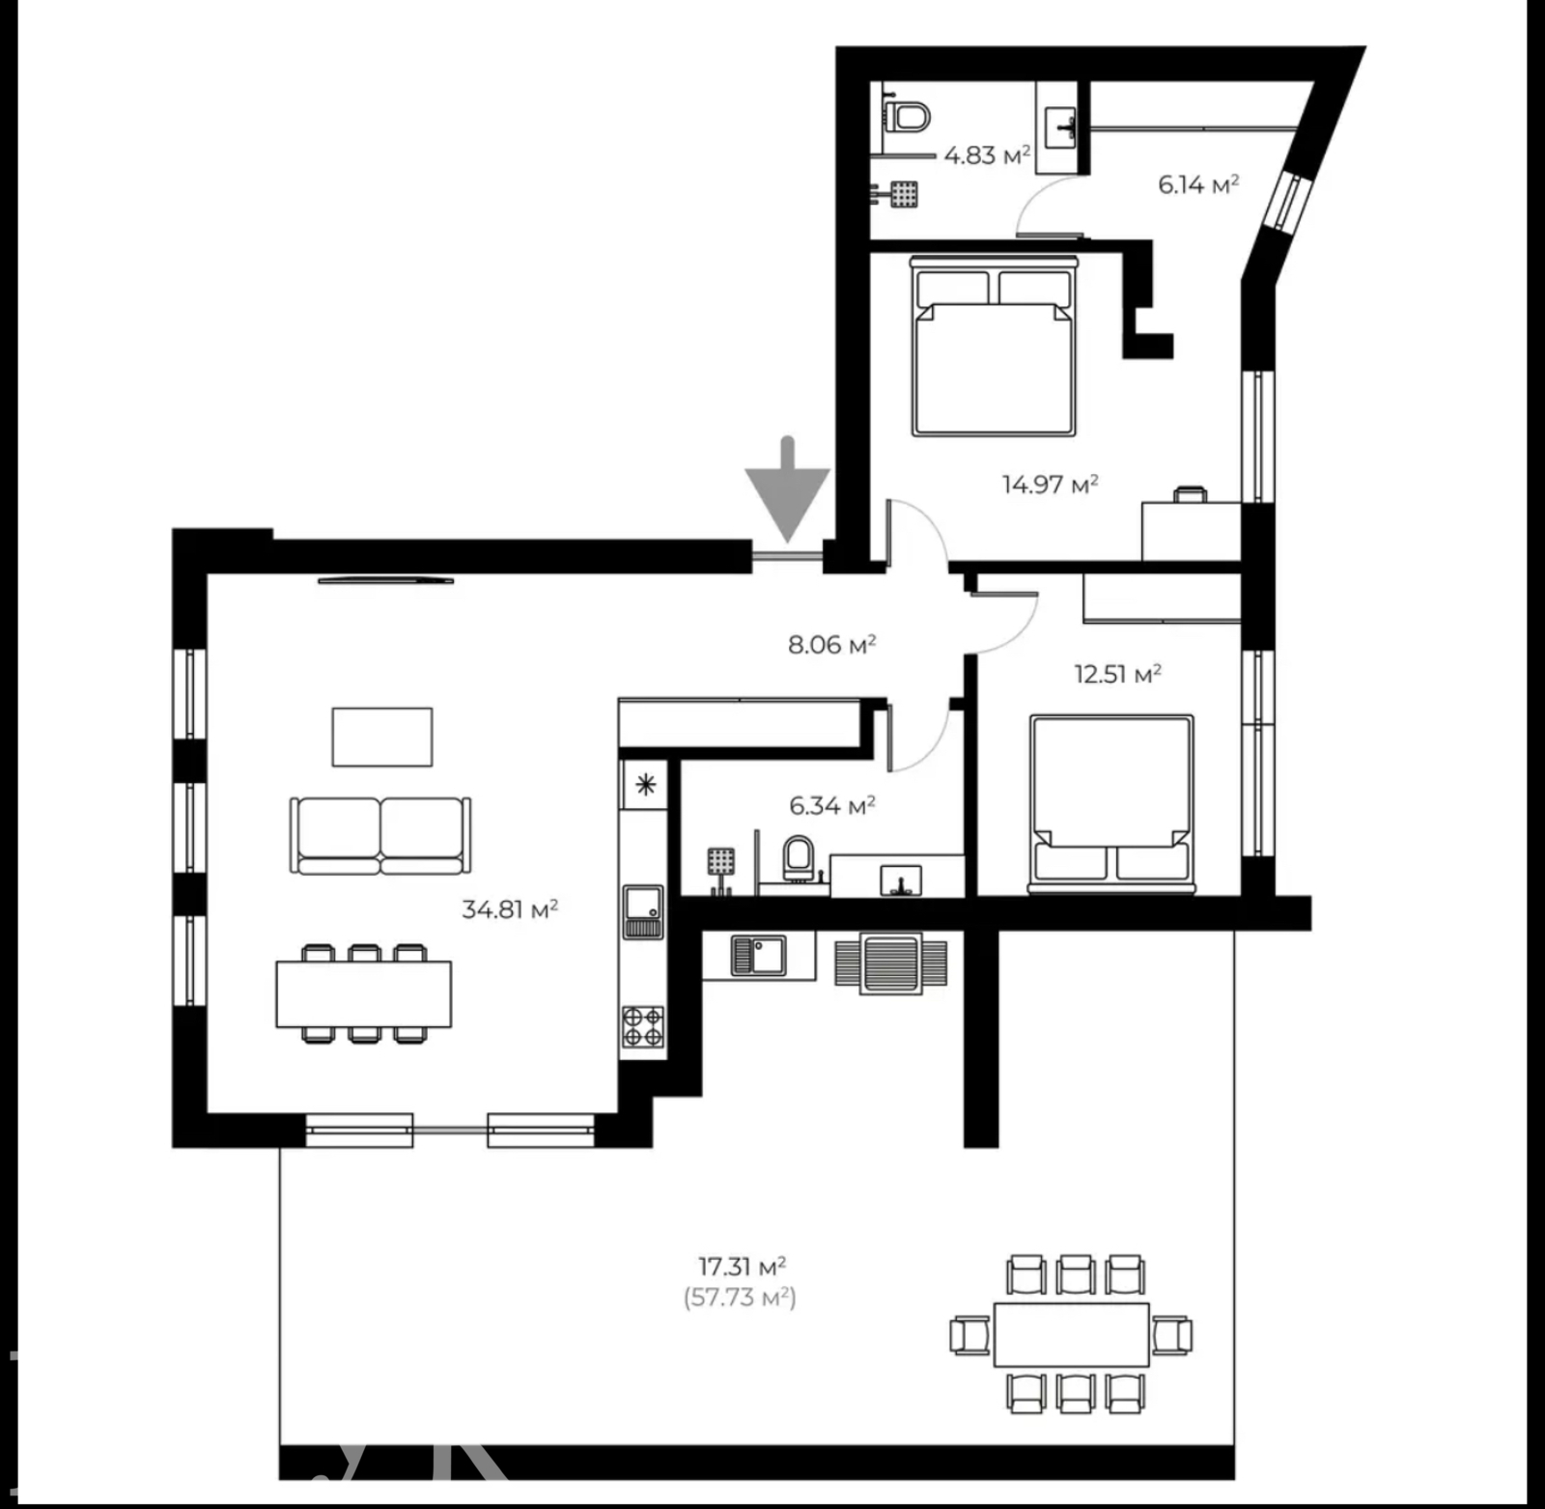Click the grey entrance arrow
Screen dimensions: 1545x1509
point(787,492)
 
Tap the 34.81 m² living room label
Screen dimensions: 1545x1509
point(510,908)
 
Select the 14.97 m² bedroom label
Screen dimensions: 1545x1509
point(1050,484)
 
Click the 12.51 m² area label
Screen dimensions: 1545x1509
point(1117,673)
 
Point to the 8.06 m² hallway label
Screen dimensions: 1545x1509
point(831,644)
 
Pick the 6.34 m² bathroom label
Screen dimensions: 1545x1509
point(831,804)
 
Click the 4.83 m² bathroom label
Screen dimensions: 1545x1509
point(987,154)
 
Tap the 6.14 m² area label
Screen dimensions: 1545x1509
point(1198,183)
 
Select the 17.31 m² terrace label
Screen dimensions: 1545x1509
point(742,1265)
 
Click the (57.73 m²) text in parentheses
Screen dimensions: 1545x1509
point(740,1297)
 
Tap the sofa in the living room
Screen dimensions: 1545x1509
point(380,835)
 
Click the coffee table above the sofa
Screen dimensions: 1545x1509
point(382,737)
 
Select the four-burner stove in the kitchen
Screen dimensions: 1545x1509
point(642,1026)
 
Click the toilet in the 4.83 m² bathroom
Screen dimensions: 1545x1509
point(906,117)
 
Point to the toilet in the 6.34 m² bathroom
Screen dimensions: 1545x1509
point(798,857)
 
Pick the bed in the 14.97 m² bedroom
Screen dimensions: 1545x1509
point(995,345)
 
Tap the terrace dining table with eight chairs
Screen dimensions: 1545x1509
point(1071,1334)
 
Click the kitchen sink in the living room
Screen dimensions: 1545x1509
point(642,911)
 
